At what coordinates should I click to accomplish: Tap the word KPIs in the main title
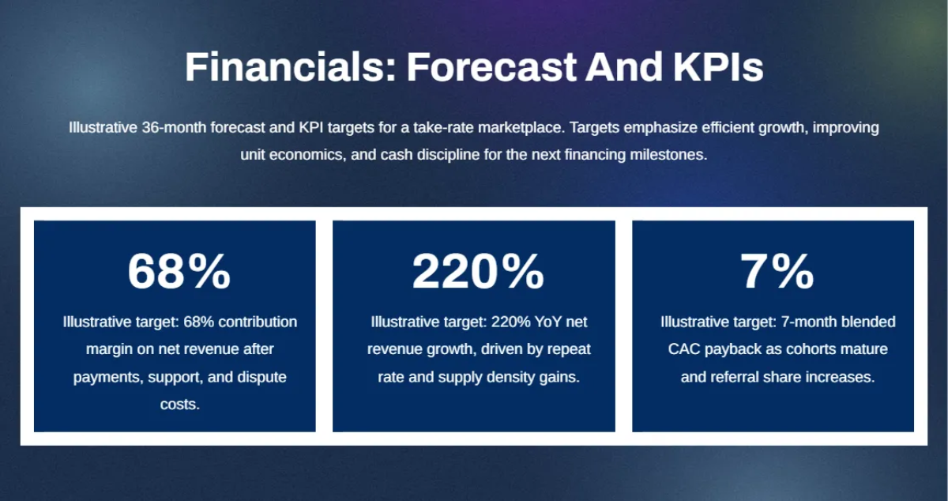pos(718,67)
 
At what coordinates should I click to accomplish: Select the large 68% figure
pos(179,272)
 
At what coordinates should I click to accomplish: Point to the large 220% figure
pos(478,272)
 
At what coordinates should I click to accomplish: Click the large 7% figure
pos(777,272)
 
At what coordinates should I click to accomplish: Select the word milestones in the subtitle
pos(668,155)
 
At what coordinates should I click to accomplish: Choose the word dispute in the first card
pos(261,377)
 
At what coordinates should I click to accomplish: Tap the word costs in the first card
pos(180,405)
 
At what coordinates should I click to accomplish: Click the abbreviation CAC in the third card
pos(684,349)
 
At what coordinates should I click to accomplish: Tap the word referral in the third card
pos(735,377)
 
